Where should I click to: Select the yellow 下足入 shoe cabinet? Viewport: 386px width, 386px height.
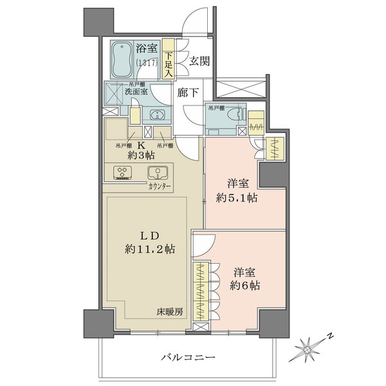coord(168,60)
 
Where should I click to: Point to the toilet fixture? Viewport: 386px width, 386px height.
coord(233,116)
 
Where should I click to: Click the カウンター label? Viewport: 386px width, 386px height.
coord(159,186)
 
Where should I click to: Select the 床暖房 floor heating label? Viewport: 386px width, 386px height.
coord(170,313)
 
